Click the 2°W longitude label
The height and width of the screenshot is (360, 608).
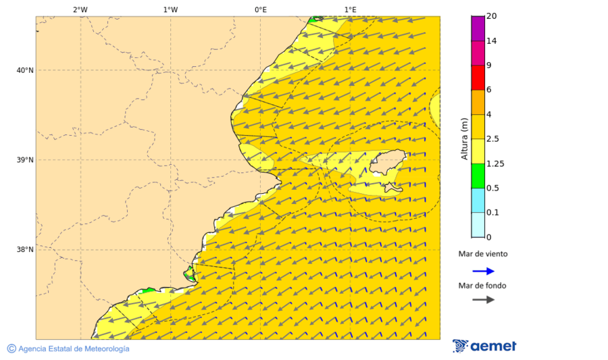pyautogui.click(x=80, y=9)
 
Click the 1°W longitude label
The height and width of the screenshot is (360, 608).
pyautogui.click(x=170, y=9)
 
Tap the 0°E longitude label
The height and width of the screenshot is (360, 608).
pyautogui.click(x=260, y=9)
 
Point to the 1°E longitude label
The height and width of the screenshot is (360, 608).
pyautogui.click(x=350, y=9)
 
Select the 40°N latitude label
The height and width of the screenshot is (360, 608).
pyautogui.click(x=25, y=70)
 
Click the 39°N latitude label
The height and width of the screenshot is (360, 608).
pyautogui.click(x=25, y=160)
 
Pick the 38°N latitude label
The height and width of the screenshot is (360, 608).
pyautogui.click(x=25, y=250)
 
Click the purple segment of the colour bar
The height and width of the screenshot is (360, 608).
pyautogui.click(x=478, y=28)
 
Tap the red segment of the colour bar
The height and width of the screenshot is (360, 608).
pyautogui.click(x=478, y=77)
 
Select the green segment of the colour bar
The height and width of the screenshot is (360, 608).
pyautogui.click(x=478, y=176)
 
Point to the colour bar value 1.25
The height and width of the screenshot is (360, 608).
pyautogui.click(x=495, y=163)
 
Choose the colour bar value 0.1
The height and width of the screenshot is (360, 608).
pyautogui.click(x=492, y=213)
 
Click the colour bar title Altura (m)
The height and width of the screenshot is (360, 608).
pyautogui.click(x=464, y=138)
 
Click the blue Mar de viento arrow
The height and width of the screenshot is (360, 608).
pyautogui.click(x=483, y=271)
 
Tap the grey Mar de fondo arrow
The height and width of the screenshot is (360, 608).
pyautogui.click(x=483, y=300)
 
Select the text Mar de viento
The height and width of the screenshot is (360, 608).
pyautogui.click(x=483, y=254)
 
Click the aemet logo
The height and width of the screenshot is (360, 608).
pyautogui.click(x=484, y=346)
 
